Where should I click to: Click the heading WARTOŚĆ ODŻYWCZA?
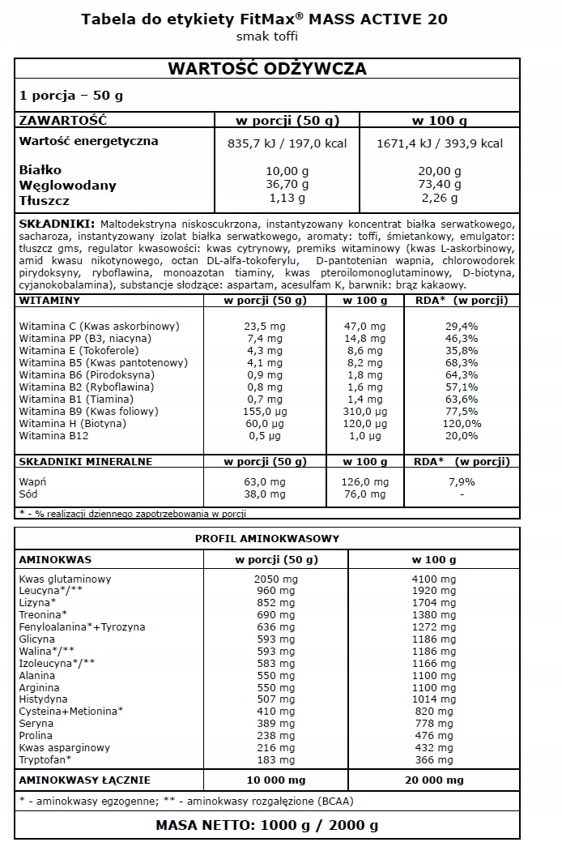coord(266,68)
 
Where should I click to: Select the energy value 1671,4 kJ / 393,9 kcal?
coord(440,143)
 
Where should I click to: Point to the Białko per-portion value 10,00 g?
coord(287,171)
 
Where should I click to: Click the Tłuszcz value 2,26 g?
coord(440,198)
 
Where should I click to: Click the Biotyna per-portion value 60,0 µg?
coord(266,423)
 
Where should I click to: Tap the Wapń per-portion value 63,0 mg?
coord(266,481)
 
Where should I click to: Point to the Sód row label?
coord(28,494)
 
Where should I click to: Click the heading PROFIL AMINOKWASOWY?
coord(266,538)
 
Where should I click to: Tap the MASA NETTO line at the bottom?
coord(266,826)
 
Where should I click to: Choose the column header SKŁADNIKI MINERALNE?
coord(85,462)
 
